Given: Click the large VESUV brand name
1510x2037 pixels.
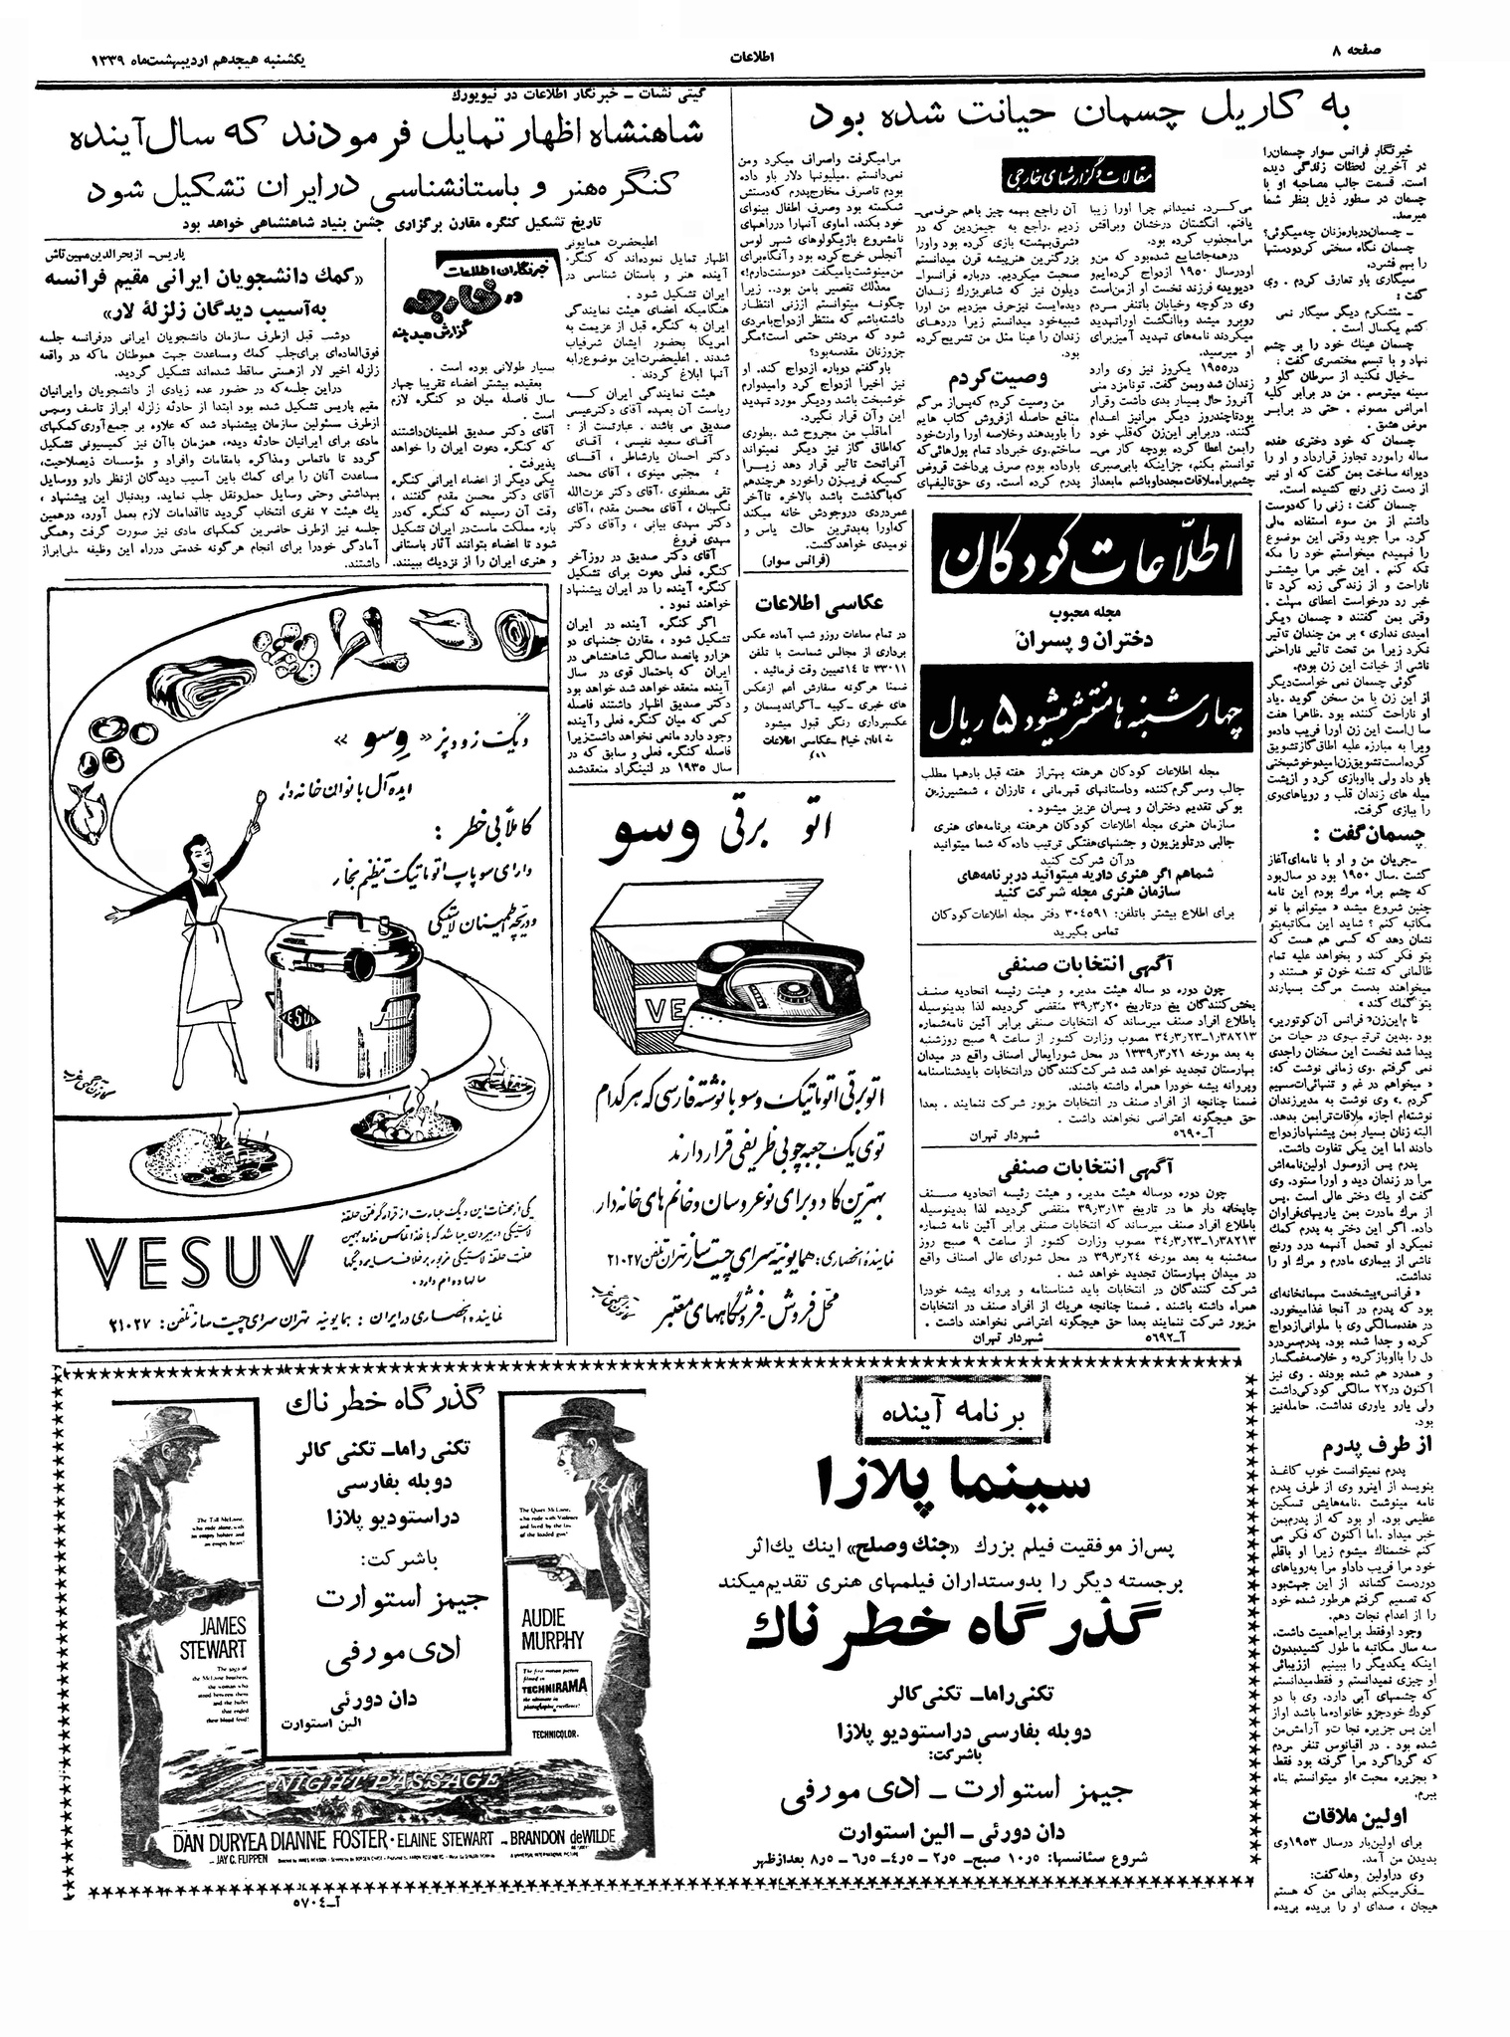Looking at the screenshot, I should [199, 1264].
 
